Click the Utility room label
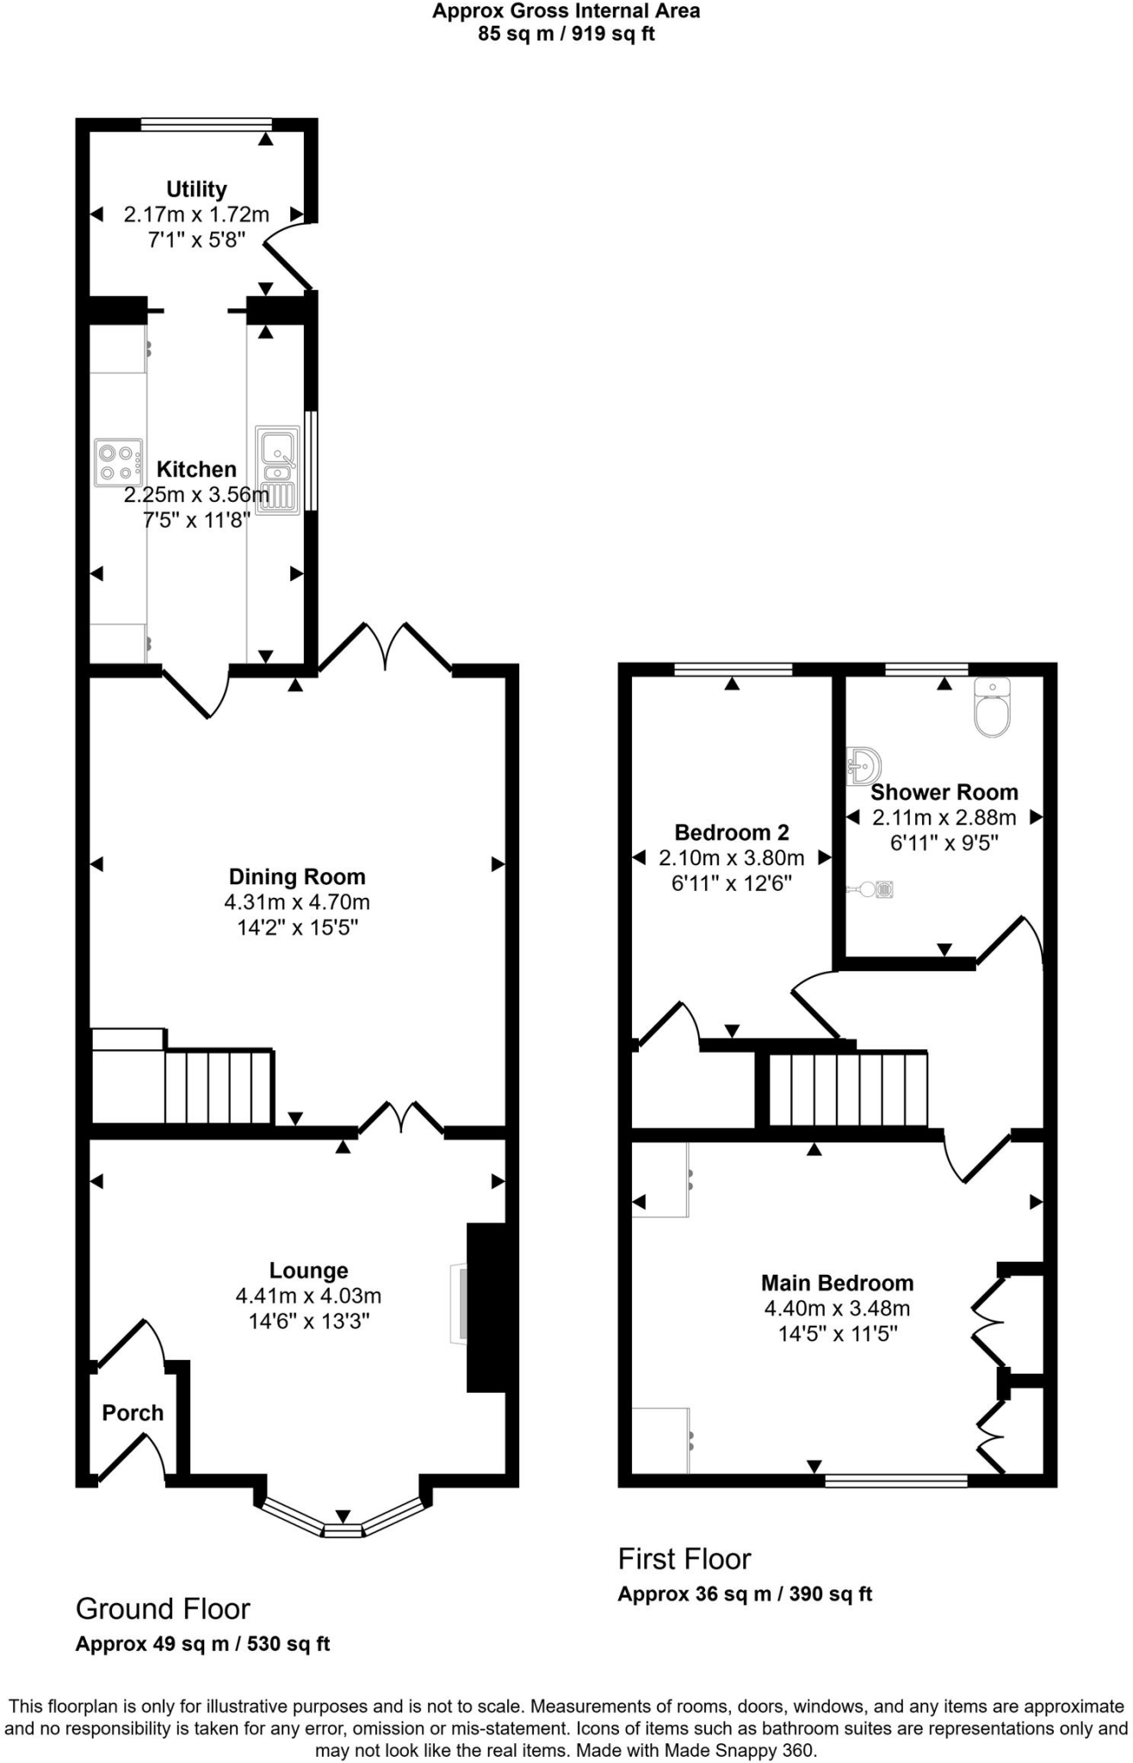[x=196, y=189]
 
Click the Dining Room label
[x=297, y=876]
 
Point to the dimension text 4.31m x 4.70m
[x=297, y=902]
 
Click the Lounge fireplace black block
[x=486, y=1307]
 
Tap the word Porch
[x=133, y=1413]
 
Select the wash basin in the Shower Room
[x=863, y=766]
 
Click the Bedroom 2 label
[x=731, y=832]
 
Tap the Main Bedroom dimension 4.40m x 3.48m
[x=837, y=1308]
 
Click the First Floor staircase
[x=847, y=1089]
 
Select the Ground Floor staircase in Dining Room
[x=219, y=1086]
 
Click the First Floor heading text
[x=684, y=1559]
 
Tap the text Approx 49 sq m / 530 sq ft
[x=202, y=1644]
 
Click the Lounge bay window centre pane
[x=343, y=1531]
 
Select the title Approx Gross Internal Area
[x=566, y=11]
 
